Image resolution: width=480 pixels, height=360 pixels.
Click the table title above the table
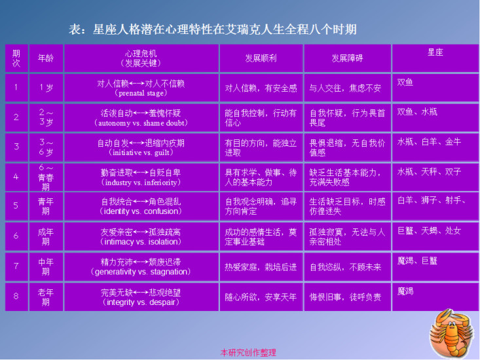click(212, 29)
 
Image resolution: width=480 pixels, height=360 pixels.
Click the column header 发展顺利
click(261, 58)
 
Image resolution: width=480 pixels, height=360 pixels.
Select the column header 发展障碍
click(348, 58)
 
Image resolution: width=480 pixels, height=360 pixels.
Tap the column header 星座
click(435, 58)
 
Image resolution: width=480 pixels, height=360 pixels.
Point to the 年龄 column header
click(46, 58)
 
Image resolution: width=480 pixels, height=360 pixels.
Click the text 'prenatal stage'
click(141, 94)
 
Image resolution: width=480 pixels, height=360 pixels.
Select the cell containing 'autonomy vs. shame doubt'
click(141, 118)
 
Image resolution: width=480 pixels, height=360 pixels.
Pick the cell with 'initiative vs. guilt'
click(141, 147)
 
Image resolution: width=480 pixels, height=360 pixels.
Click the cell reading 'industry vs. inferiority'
click(141, 177)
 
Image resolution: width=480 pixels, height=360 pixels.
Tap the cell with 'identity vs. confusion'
click(141, 206)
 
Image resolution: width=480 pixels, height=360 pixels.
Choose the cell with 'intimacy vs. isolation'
click(141, 236)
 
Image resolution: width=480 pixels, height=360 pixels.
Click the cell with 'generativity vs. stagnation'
click(141, 266)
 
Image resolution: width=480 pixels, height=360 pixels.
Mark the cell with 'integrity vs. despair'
click(141, 297)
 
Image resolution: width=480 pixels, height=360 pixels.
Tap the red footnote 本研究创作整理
click(248, 353)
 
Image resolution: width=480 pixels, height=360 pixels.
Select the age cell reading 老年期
click(46, 297)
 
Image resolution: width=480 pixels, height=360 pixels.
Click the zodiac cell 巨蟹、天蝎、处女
click(435, 236)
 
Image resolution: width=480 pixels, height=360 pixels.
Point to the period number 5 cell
click(16, 206)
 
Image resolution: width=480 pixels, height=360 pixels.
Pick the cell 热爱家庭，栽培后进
click(261, 266)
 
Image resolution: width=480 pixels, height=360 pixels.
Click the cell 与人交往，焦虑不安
click(348, 88)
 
